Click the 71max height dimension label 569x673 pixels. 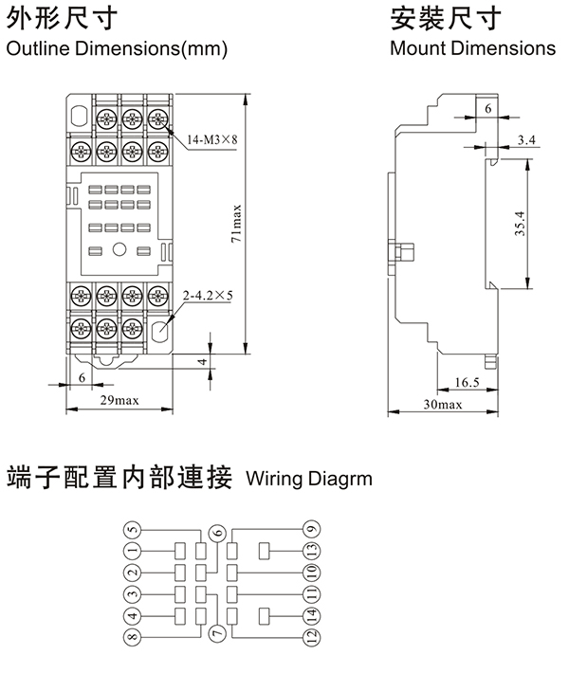(x=236, y=224)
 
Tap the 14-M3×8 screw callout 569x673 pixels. (x=212, y=140)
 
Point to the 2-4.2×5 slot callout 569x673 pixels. (x=210, y=295)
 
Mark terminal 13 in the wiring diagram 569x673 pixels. (x=311, y=551)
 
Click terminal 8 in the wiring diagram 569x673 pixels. (x=133, y=638)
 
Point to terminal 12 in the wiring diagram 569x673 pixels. (x=311, y=638)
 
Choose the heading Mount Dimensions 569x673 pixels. (x=472, y=47)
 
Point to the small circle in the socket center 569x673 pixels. (x=120, y=250)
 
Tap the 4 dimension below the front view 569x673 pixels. (x=201, y=361)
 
